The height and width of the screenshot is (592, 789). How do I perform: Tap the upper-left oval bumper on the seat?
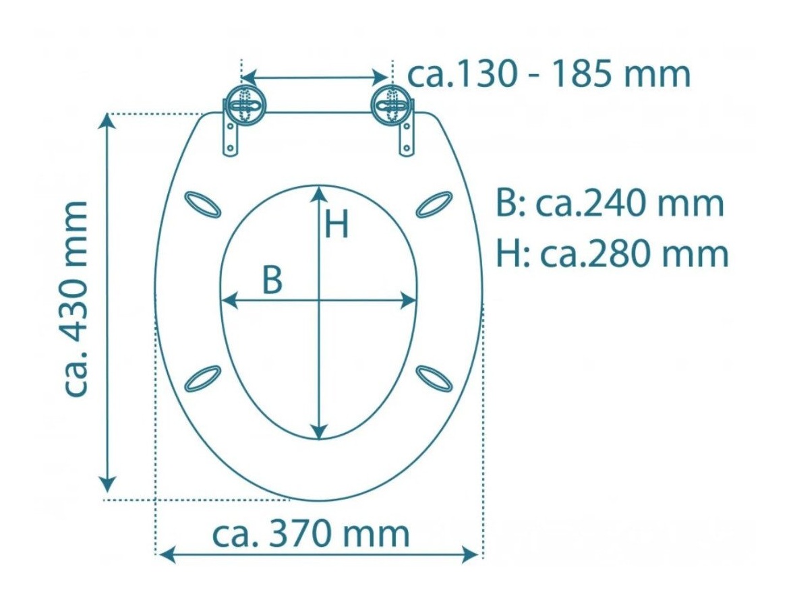point(203,204)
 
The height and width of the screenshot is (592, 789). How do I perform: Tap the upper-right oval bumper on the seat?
point(434,204)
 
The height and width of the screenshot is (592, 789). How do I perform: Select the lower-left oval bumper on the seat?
point(203,378)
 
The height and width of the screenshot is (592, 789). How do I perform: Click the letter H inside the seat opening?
point(337,225)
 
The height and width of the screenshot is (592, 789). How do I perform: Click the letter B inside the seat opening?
point(272,280)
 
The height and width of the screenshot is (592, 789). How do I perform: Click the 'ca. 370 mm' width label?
point(311,535)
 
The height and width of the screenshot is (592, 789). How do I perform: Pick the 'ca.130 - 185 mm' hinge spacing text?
point(549,75)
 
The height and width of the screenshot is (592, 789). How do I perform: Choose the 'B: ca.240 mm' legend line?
point(610,204)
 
